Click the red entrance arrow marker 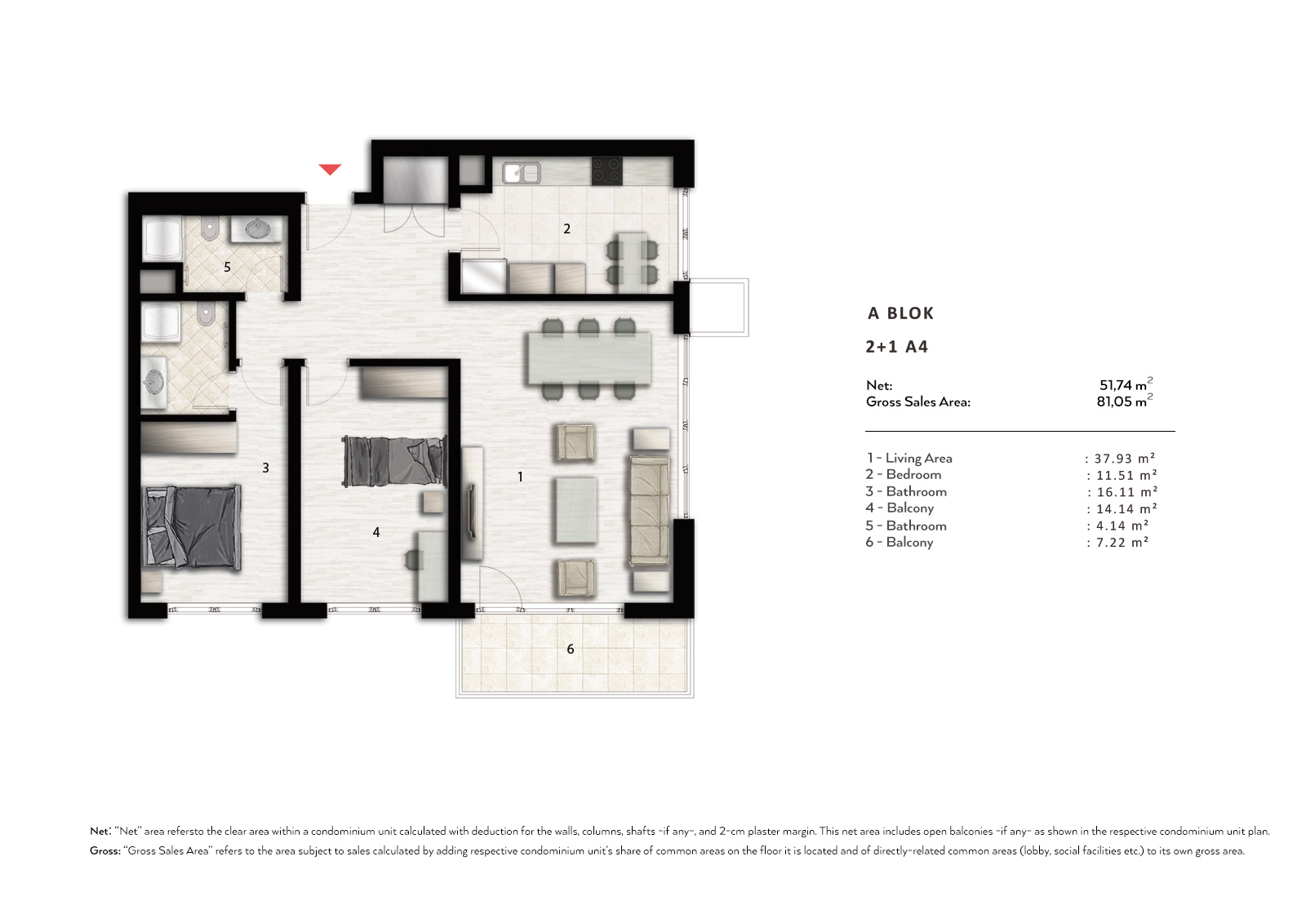pos(330,169)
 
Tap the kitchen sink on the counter pos(522,172)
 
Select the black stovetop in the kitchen pos(607,171)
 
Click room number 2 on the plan pos(566,229)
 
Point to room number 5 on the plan pos(228,267)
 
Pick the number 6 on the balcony pos(571,648)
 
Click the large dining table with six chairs pos(589,358)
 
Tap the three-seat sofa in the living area pos(650,512)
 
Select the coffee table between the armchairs pos(576,510)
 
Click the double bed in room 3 pos(191,527)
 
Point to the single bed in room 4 pos(395,460)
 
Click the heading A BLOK pos(901,313)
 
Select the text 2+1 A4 pos(897,347)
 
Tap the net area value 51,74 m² pos(1126,384)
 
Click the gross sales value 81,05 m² pos(1125,401)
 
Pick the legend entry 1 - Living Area pos(909,459)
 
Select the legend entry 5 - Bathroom pos(906,526)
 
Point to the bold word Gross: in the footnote pos(105,850)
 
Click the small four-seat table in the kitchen pos(632,259)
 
